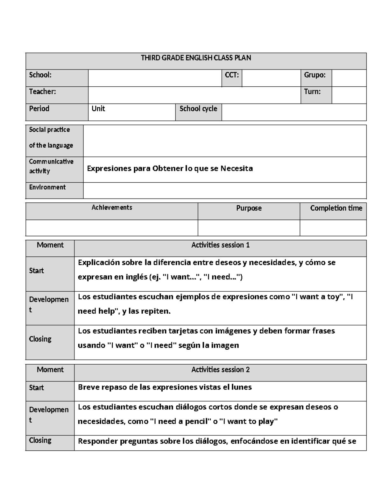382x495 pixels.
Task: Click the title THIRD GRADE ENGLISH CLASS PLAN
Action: tap(196, 58)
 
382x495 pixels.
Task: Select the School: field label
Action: tap(40, 75)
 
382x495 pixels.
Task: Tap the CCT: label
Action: tap(231, 75)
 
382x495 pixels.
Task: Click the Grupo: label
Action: tap(315, 75)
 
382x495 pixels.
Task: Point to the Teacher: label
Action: tap(42, 92)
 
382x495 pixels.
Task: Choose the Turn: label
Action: tap(312, 92)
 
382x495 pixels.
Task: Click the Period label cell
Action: tap(39, 109)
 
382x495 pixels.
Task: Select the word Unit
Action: tap(98, 109)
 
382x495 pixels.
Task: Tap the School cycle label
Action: tap(198, 109)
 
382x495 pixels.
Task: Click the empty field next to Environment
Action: tap(224, 190)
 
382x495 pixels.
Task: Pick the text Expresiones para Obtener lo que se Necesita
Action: tap(170, 168)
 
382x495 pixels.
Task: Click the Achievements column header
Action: tap(112, 207)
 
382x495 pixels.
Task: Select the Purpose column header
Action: tap(249, 208)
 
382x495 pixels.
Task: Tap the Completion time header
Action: tap(336, 208)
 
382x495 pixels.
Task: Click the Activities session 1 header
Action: tap(220, 245)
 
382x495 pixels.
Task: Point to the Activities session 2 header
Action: tap(220, 370)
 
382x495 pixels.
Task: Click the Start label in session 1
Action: tap(36, 271)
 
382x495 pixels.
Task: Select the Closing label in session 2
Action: tap(40, 440)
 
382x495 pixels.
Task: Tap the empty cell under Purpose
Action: tap(249, 228)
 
